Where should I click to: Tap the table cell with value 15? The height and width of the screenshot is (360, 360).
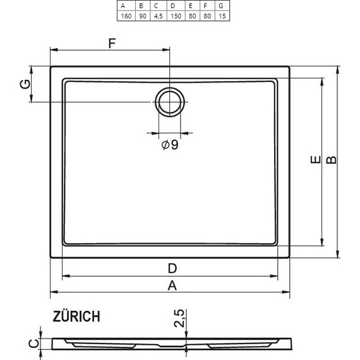tap(222, 15)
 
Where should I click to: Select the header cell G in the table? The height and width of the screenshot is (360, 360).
tap(222, 6)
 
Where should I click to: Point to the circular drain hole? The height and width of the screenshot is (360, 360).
tap(169, 101)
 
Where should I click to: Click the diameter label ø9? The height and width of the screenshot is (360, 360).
tap(170, 145)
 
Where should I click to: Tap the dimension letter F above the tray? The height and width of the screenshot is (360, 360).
tap(112, 44)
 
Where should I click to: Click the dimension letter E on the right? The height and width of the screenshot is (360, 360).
tap(314, 161)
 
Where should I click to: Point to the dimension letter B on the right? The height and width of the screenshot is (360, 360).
tap(330, 161)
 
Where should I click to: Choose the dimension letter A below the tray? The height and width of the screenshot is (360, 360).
tap(171, 285)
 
